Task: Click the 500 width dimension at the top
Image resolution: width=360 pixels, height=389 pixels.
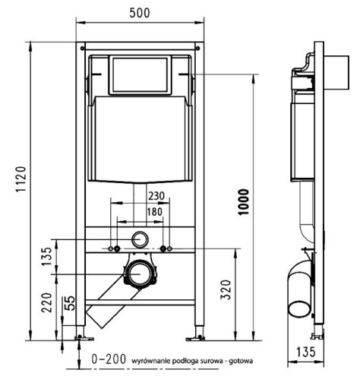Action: click(140, 13)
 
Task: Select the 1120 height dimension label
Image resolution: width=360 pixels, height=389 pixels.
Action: click(21, 179)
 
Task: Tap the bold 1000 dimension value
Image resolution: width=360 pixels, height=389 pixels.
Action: click(244, 202)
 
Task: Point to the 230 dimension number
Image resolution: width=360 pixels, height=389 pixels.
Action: click(156, 196)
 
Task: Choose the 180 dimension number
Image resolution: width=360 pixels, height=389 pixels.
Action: click(155, 212)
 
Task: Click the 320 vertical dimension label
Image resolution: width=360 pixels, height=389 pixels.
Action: click(226, 289)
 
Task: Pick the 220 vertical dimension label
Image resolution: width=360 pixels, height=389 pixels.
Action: click(46, 302)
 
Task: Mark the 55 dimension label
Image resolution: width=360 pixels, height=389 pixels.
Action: click(70, 303)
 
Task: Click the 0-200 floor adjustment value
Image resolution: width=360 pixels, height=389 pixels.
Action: click(109, 359)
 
